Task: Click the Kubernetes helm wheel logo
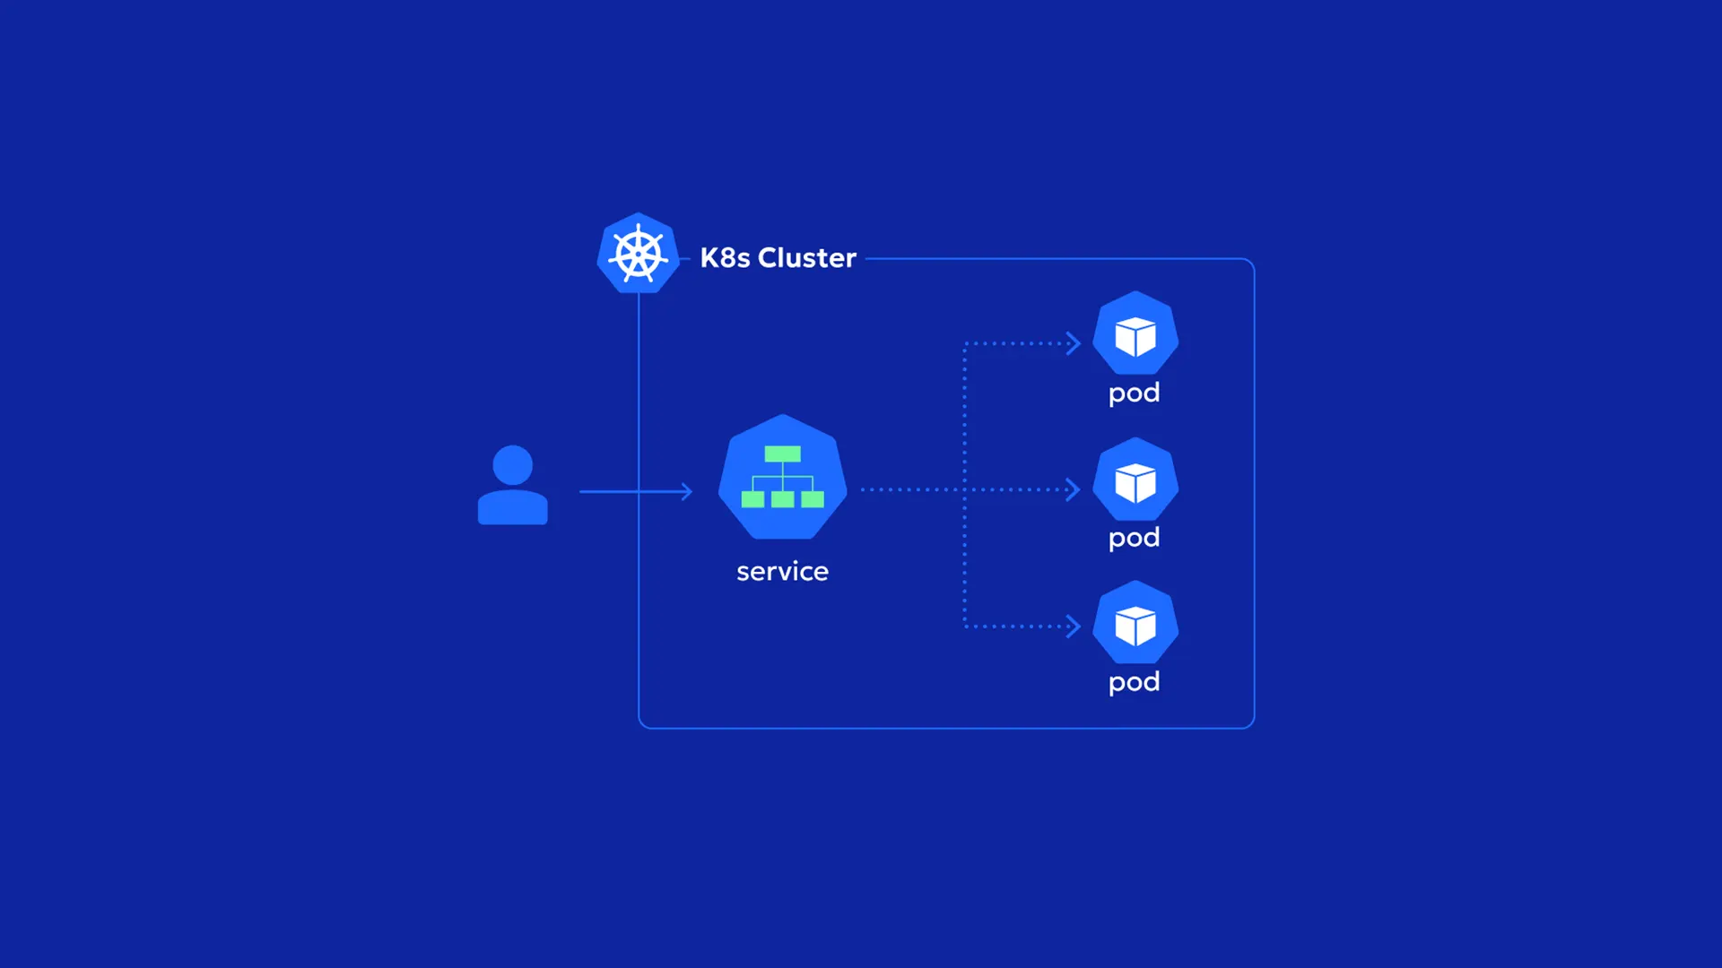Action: tap(638, 254)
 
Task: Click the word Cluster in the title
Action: tap(807, 258)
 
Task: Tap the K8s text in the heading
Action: tap(725, 258)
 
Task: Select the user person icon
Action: tap(513, 485)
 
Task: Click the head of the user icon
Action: tap(513, 465)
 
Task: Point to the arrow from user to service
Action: tap(636, 491)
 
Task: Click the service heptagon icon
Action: tap(783, 477)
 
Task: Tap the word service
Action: tap(783, 572)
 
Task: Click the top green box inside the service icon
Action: tap(783, 454)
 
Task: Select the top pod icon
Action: tap(1135, 333)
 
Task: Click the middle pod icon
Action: tap(1135, 480)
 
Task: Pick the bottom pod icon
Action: tap(1135, 623)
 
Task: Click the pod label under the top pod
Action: tap(1135, 393)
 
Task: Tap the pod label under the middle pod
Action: tap(1135, 539)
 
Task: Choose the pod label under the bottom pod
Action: tap(1135, 683)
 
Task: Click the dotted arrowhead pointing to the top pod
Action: tap(1074, 343)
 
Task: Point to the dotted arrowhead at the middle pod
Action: tap(1074, 489)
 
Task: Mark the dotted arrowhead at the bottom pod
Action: tap(1074, 627)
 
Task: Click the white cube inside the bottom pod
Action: tap(1135, 626)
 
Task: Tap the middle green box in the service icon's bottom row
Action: tap(783, 499)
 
